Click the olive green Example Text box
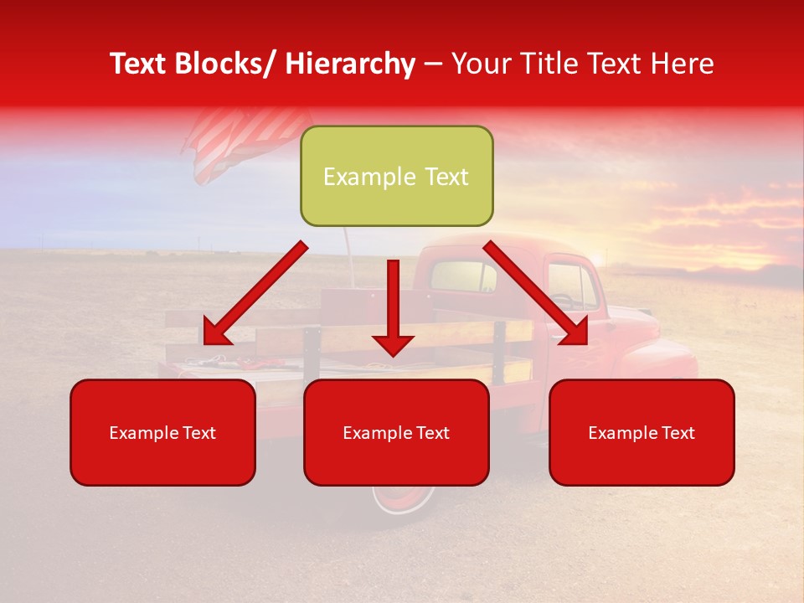[x=396, y=176]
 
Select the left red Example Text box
[x=162, y=432]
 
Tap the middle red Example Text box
[x=396, y=432]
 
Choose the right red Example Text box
[x=642, y=432]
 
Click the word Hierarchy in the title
[x=350, y=64]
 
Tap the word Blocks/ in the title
[x=234, y=64]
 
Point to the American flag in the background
[x=243, y=142]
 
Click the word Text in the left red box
[x=199, y=433]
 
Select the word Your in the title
[x=479, y=64]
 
